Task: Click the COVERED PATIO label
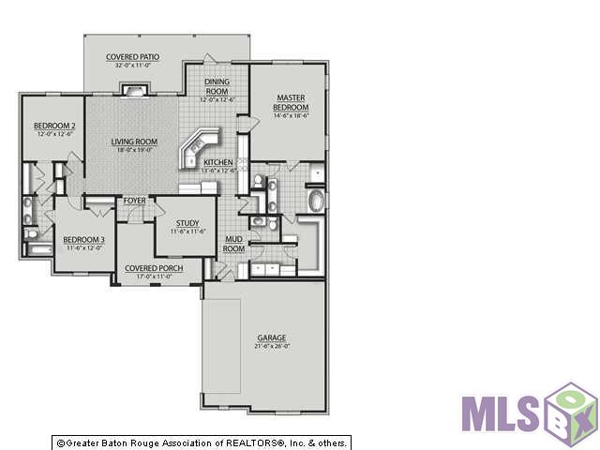tap(132, 57)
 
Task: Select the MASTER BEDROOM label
tap(292, 102)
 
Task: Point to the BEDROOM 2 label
tap(54, 126)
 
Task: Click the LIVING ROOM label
tap(134, 142)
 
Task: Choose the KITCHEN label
tap(218, 163)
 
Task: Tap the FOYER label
tap(134, 201)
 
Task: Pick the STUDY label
tap(187, 222)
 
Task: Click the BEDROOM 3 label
tap(83, 239)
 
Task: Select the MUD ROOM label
tap(233, 244)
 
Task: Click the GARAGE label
tap(272, 337)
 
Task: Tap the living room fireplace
tap(133, 90)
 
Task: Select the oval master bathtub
tap(316, 201)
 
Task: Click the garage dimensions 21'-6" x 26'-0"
tap(272, 346)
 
